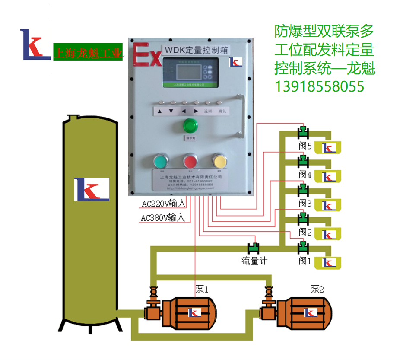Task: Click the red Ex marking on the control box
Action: [146, 55]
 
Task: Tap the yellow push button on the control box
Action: [219, 161]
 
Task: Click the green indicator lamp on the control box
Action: [189, 126]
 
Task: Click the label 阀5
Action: [305, 146]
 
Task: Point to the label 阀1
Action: [305, 261]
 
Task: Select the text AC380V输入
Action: [163, 218]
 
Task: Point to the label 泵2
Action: [317, 289]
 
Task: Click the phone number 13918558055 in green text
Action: [320, 87]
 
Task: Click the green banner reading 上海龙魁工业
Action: [88, 52]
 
